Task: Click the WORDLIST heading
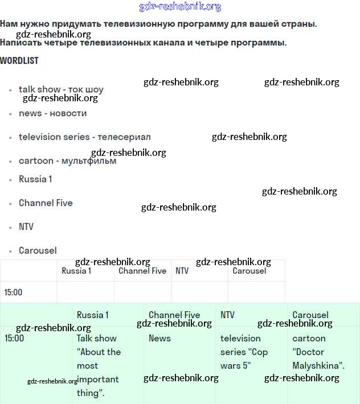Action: pyautogui.click(x=19, y=60)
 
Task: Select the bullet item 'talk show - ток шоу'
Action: pyautogui.click(x=61, y=89)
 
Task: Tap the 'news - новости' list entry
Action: pyautogui.click(x=52, y=113)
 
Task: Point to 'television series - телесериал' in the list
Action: pyautogui.click(x=84, y=137)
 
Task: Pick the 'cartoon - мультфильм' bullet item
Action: pyautogui.click(x=67, y=161)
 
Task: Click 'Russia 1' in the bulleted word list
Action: pyautogui.click(x=35, y=179)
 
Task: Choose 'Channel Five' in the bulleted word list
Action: pyautogui.click(x=46, y=203)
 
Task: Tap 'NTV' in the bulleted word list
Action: pyautogui.click(x=26, y=226)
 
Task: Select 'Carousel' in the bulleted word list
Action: pyautogui.click(x=38, y=250)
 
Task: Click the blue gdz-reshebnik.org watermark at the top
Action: pyautogui.click(x=180, y=7)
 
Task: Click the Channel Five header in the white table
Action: pyautogui.click(x=142, y=271)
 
